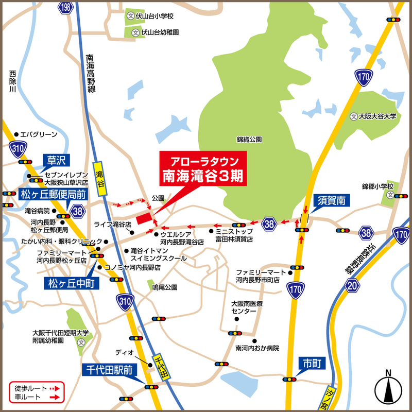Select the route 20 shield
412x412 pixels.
[x=351, y=285]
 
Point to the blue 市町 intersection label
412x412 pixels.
[x=312, y=364]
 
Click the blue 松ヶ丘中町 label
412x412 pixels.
[x=68, y=282]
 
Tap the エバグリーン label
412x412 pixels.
[x=39, y=132]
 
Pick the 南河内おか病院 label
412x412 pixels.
[x=256, y=349]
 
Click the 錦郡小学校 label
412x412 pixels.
[x=377, y=186]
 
